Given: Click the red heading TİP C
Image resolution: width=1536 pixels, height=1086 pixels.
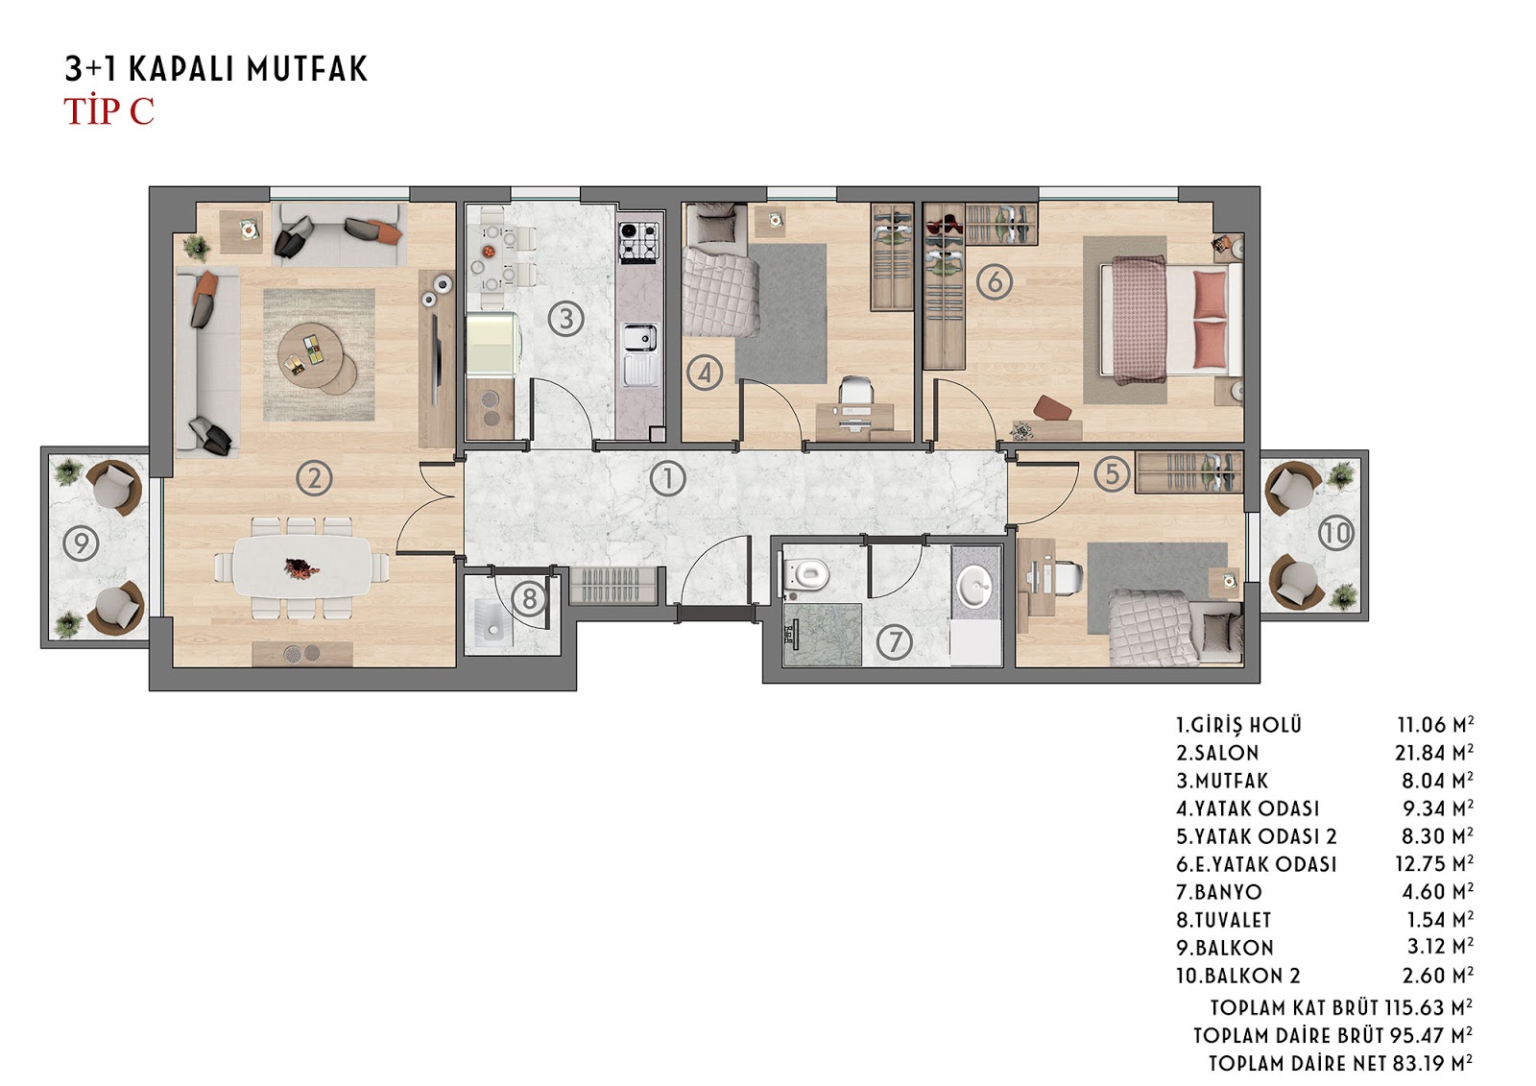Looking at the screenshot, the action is [x=109, y=111].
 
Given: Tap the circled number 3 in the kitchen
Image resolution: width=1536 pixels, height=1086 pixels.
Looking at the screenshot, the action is [x=565, y=319].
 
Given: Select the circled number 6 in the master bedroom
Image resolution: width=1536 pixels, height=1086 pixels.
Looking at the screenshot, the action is [x=995, y=281].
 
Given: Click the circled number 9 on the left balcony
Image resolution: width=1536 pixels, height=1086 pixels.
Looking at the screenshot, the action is [x=81, y=543].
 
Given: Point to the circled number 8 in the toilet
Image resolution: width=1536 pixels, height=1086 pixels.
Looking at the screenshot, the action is [x=529, y=599].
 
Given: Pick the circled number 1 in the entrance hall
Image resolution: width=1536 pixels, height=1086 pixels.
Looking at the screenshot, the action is [x=667, y=478].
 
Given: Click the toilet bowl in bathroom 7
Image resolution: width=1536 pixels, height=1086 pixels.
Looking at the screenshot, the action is [x=805, y=573].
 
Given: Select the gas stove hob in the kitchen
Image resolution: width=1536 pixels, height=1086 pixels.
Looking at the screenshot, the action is [x=639, y=241].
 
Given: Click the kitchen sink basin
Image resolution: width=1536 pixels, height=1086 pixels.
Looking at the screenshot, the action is [x=638, y=338].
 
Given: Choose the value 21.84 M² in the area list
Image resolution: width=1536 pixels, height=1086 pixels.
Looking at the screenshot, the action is [x=1434, y=753].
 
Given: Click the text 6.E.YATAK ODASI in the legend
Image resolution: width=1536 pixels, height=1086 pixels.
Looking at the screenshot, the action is [x=1257, y=864].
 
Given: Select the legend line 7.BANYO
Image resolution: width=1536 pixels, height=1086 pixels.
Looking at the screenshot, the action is [x=1219, y=892].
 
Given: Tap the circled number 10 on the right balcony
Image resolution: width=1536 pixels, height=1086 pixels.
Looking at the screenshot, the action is [x=1335, y=533].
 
